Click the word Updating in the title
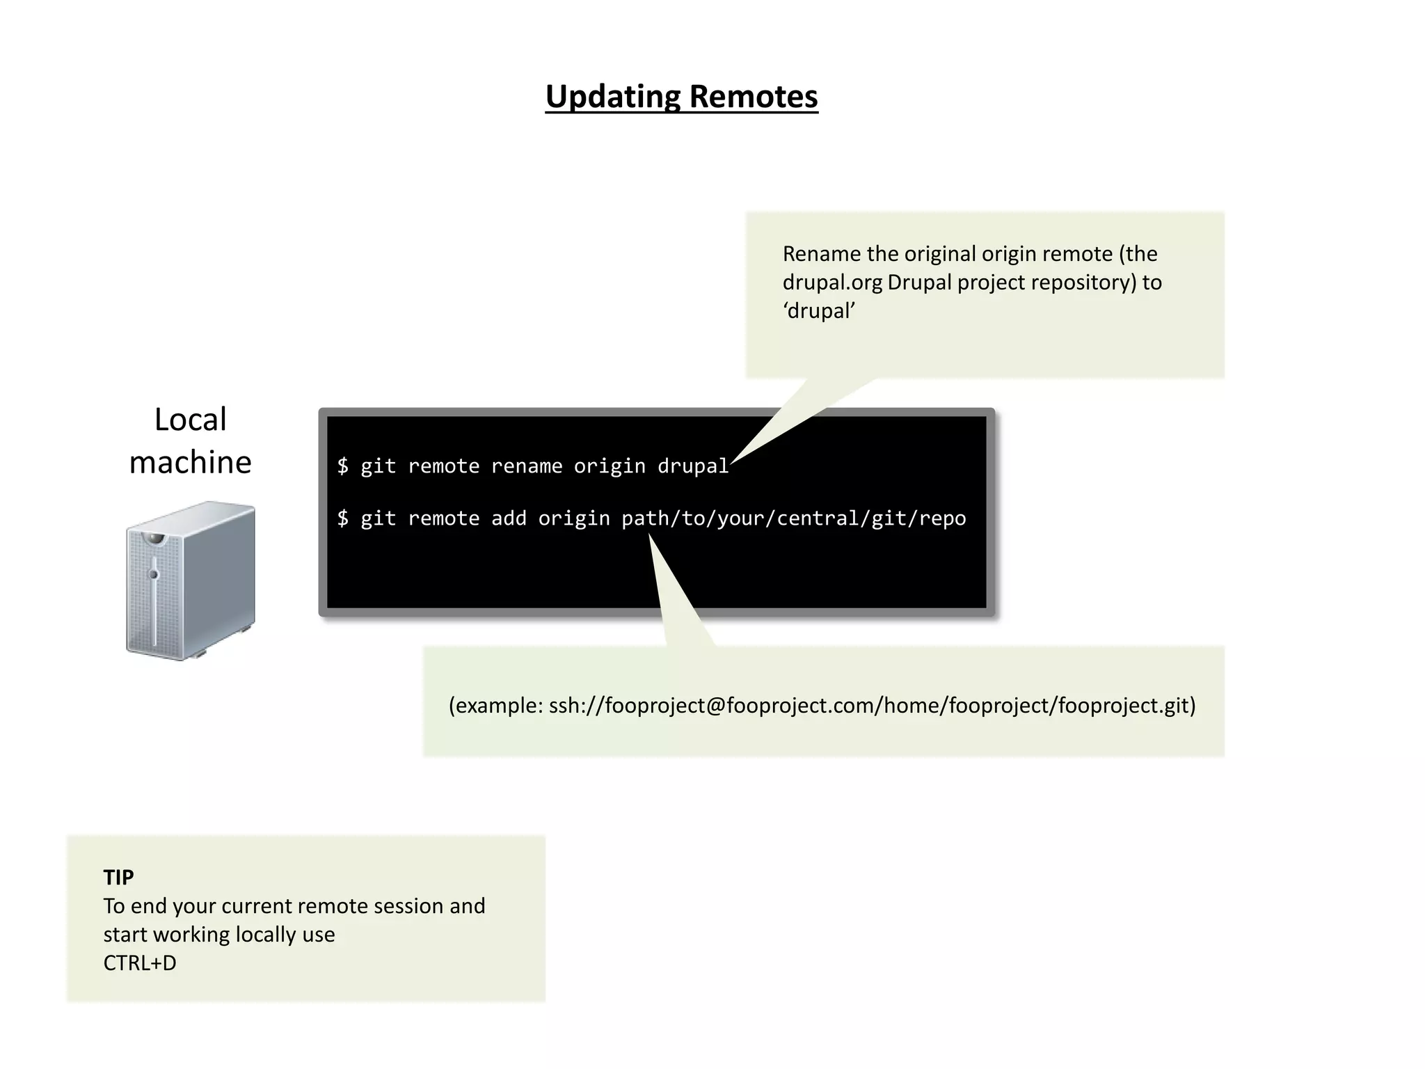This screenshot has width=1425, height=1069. (612, 97)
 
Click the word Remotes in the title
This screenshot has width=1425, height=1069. (754, 97)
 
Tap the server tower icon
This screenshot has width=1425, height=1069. (190, 580)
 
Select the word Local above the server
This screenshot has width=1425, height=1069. (190, 420)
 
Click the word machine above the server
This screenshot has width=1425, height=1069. (190, 462)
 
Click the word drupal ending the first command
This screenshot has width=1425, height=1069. (692, 466)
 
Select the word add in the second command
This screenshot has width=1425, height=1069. (509, 518)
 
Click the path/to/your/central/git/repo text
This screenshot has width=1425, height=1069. (793, 518)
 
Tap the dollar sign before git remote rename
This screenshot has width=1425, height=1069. (343, 466)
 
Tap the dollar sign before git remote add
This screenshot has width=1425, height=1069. (343, 518)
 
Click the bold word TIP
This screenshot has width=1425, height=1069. (118, 877)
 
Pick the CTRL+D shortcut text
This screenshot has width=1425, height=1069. (140, 963)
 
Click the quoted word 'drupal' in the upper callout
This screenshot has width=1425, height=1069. (818, 311)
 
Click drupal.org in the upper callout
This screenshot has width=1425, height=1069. (832, 283)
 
